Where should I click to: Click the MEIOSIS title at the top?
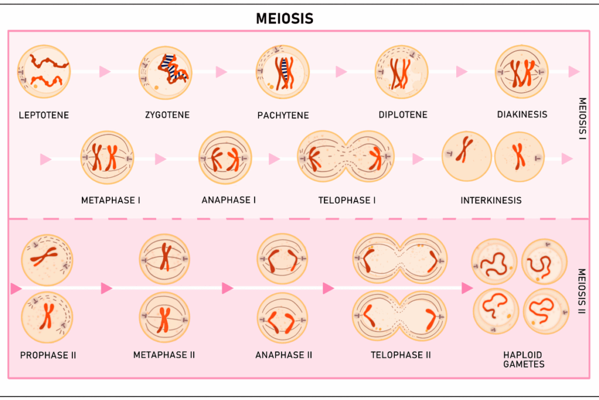click(x=284, y=19)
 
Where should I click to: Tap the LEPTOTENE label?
click(x=44, y=115)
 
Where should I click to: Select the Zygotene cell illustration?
click(x=166, y=73)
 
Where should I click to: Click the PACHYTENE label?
click(x=283, y=115)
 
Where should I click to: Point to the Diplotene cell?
click(x=402, y=72)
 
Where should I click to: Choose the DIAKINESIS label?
click(x=522, y=115)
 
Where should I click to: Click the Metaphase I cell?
click(x=108, y=158)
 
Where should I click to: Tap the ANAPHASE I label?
click(x=229, y=200)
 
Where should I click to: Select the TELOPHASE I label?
click(x=347, y=200)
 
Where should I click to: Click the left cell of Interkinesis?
click(x=466, y=156)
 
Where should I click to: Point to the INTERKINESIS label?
click(x=491, y=200)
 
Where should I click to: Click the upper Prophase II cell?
click(x=47, y=259)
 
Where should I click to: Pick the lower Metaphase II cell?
click(x=165, y=318)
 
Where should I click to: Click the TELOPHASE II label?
click(x=401, y=355)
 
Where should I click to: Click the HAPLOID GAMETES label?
click(x=523, y=360)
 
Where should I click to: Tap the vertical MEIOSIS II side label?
click(x=581, y=291)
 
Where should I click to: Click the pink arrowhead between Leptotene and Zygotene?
click(x=105, y=71)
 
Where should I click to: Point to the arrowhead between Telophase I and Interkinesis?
click(x=418, y=159)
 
